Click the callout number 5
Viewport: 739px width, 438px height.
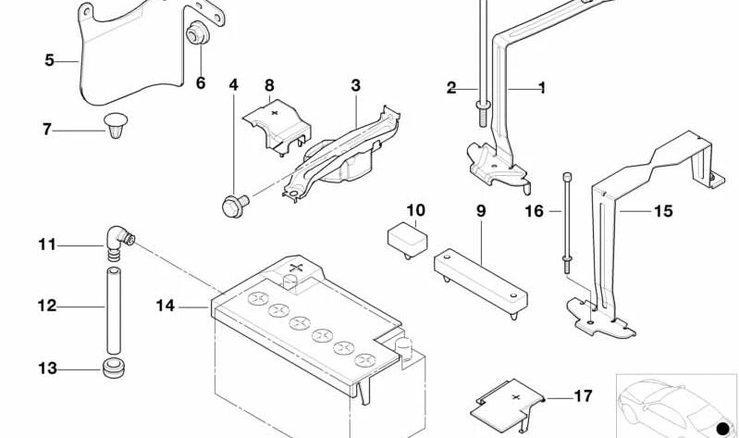point(49,61)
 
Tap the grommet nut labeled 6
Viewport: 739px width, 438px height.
point(196,35)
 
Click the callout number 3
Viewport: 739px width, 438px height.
point(355,85)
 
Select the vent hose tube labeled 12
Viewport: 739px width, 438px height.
point(113,305)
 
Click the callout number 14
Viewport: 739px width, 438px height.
point(165,304)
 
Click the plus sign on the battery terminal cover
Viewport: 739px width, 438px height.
point(296,269)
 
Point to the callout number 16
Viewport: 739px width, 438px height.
point(535,211)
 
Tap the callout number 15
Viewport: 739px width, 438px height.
point(663,211)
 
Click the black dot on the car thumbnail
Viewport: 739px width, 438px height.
point(722,427)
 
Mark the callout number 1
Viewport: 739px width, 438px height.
point(541,88)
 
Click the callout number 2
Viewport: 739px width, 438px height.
point(451,88)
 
